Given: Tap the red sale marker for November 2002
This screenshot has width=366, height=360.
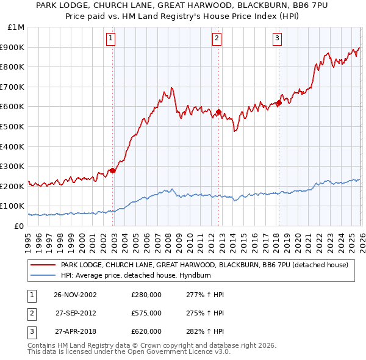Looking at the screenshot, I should point(113,171).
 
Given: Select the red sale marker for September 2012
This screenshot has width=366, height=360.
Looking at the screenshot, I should point(218,112).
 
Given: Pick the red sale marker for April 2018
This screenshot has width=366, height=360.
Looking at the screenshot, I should point(279,103).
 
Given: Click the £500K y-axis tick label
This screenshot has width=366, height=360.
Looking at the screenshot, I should point(13,126).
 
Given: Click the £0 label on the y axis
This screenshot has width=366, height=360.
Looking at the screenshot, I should point(20,226).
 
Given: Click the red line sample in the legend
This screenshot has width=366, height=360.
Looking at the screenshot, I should point(43,265).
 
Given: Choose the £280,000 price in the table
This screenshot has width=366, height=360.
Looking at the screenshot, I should point(146,295).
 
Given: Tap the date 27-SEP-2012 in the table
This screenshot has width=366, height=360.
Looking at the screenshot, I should point(76,313).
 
